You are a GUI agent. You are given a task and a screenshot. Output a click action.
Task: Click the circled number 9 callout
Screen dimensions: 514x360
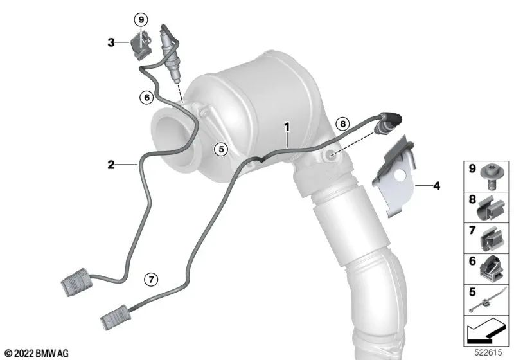141,20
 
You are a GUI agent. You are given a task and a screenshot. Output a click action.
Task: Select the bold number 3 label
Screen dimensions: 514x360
111,42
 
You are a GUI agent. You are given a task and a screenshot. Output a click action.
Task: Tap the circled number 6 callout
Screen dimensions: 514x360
146,97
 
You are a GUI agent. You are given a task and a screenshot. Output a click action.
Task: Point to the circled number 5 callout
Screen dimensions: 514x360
221,150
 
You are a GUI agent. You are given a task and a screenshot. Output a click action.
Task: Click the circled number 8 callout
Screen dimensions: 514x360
342,123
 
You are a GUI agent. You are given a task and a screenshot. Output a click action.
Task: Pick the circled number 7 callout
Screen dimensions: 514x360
151,280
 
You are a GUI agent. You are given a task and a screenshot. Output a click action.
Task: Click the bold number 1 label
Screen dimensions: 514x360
287,127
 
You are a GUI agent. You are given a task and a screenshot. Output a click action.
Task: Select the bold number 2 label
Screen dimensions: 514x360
111,165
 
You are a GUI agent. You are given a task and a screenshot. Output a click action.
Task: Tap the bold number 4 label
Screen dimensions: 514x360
436,186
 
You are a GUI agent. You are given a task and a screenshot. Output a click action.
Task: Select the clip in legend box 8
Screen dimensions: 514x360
490,208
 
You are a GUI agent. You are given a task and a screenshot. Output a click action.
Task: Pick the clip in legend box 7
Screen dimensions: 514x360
492,239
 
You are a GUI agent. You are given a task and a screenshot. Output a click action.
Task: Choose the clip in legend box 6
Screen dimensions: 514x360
491,269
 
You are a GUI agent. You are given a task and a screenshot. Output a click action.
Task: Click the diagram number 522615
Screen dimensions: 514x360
488,352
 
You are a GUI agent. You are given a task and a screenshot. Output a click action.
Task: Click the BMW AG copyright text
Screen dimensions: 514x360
37,354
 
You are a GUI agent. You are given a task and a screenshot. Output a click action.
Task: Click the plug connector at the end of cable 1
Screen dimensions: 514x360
116,318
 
